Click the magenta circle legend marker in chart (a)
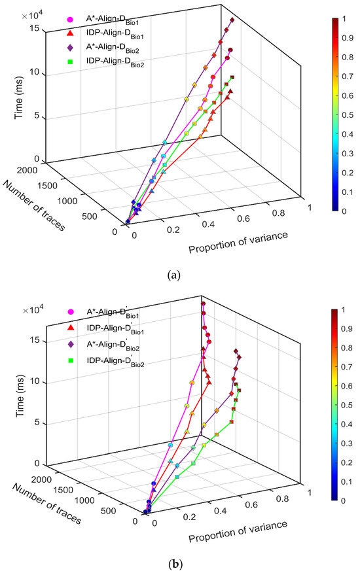coord(71,20)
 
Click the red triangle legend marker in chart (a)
coord(71,33)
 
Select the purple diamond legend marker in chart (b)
coord(71,344)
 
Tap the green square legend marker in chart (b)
coord(71,360)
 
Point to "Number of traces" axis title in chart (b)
coord(46,504)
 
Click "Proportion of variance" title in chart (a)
coord(238,243)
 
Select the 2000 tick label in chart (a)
coord(27,170)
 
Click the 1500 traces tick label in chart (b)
coord(62,490)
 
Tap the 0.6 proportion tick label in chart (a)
coord(243,218)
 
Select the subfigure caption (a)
coord(173,275)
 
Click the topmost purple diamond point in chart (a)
coord(232,20)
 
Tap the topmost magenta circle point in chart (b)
coord(203,304)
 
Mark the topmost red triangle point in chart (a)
coord(230,91)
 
